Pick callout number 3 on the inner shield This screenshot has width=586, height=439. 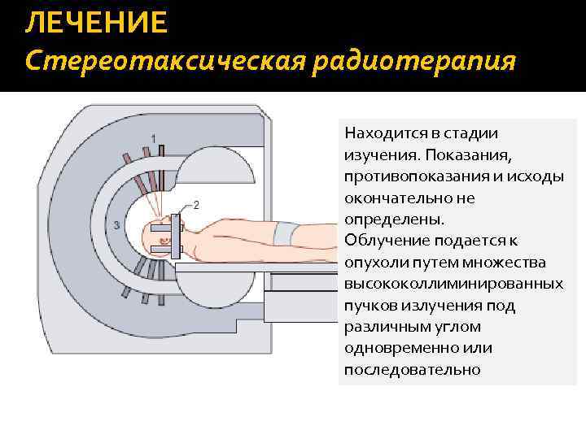(118, 224)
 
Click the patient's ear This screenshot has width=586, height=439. (163, 239)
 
